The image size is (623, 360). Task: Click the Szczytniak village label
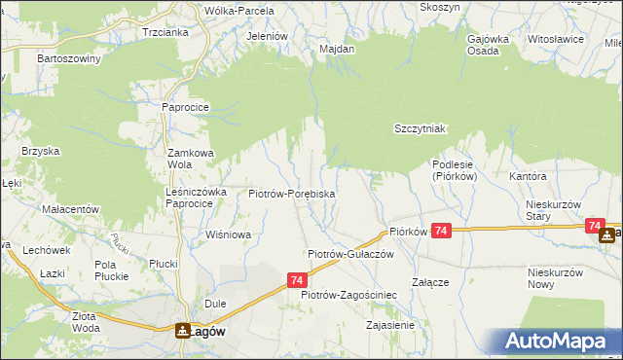point(420,128)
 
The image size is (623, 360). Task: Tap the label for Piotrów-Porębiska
point(292,194)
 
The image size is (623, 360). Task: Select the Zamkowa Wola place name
point(190,159)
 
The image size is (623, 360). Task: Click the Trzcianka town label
point(164,32)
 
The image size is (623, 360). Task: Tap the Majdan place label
point(337,47)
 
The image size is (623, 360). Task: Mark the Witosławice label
point(555,39)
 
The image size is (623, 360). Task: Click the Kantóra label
point(528,177)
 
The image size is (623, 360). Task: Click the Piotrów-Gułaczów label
point(349,253)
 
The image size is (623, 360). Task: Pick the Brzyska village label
point(42,151)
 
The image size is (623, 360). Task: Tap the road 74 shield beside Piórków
point(442,231)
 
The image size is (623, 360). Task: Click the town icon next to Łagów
point(181,331)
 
